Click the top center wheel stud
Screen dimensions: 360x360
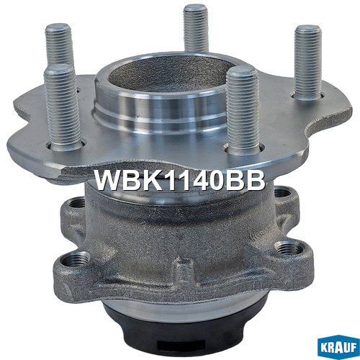click(195, 28)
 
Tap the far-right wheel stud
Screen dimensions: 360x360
click(308, 63)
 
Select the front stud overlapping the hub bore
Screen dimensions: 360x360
click(243, 110)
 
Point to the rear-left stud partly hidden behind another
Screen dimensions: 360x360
click(59, 45)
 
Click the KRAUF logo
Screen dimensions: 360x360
click(338, 348)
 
